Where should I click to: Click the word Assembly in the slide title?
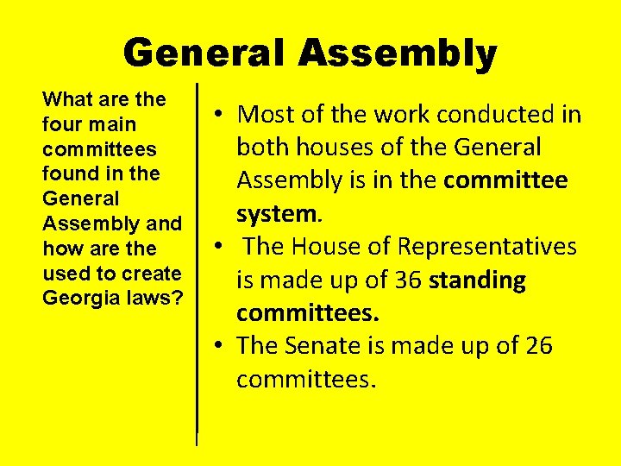tap(398, 54)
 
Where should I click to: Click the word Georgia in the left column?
tap(77, 298)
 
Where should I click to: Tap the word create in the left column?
tap(154, 274)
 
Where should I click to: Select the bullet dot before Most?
tap(222, 114)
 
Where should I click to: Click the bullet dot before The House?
tap(222, 247)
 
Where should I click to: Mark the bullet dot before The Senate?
tap(222, 346)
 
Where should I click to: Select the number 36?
tap(408, 280)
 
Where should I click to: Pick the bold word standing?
tap(477, 280)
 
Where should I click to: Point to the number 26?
tap(538, 346)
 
